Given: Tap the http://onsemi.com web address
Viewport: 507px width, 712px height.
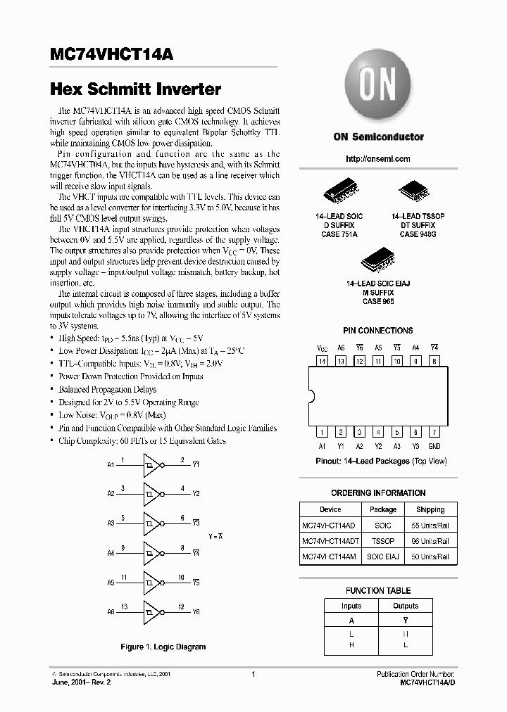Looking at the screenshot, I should click(378, 159).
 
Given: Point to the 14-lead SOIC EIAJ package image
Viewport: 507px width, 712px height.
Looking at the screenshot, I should click(378, 261).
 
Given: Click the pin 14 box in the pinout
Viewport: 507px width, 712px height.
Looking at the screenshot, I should click(322, 361).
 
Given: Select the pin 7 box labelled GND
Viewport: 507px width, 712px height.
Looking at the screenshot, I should click(434, 432).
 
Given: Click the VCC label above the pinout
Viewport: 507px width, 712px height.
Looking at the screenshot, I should click(322, 348).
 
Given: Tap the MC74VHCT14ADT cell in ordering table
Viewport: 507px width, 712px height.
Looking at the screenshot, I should click(330, 541).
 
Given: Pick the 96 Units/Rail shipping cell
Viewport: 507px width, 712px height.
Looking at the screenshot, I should click(430, 541).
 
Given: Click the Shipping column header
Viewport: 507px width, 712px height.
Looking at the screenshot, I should click(430, 509).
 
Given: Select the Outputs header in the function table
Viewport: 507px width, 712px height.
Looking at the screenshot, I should click(405, 606).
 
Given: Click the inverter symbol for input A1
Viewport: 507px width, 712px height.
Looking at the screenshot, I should click(152, 464).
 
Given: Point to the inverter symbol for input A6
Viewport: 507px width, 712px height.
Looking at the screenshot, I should click(152, 611).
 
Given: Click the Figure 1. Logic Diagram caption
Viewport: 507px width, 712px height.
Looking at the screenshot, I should click(163, 647).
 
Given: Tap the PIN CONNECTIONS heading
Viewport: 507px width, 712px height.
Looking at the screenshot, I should click(378, 331).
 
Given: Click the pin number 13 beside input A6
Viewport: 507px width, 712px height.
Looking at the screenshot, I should click(123, 606).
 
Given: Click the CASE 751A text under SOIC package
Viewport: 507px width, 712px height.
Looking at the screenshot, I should click(340, 234).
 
